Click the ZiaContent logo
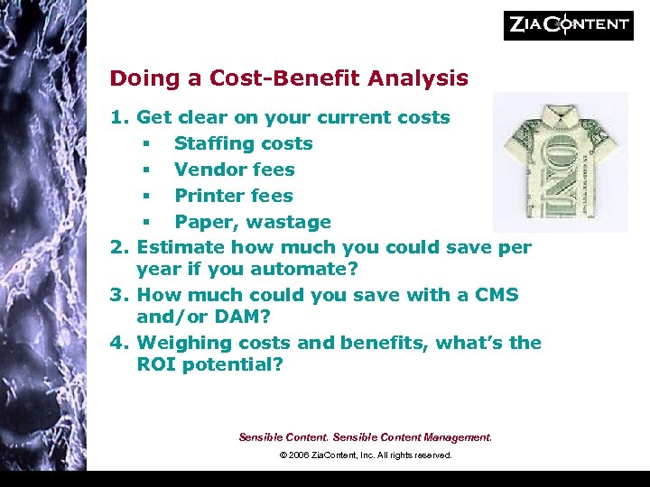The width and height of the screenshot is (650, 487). [568, 25]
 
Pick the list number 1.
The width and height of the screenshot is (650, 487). [117, 117]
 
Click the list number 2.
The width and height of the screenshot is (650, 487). [117, 247]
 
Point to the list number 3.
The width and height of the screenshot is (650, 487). [117, 295]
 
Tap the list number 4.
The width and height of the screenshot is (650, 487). [117, 343]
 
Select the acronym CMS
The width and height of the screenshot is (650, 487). [493, 295]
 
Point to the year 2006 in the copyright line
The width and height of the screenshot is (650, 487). [301, 455]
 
